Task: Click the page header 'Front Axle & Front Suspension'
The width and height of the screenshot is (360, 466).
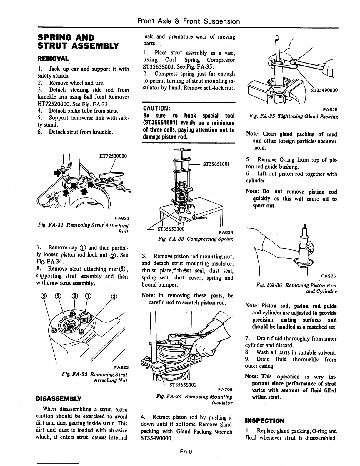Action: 189,21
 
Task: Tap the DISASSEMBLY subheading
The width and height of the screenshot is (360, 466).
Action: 59,399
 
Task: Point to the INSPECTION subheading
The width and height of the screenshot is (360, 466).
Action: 265,420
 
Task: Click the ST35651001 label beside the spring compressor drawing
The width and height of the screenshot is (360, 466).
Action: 216,164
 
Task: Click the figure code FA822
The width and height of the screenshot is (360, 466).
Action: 122,218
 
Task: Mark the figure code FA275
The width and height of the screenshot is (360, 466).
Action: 329,276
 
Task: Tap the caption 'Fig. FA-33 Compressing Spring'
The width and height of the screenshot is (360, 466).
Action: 195,239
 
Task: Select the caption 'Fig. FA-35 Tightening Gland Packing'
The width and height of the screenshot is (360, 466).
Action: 293,116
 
